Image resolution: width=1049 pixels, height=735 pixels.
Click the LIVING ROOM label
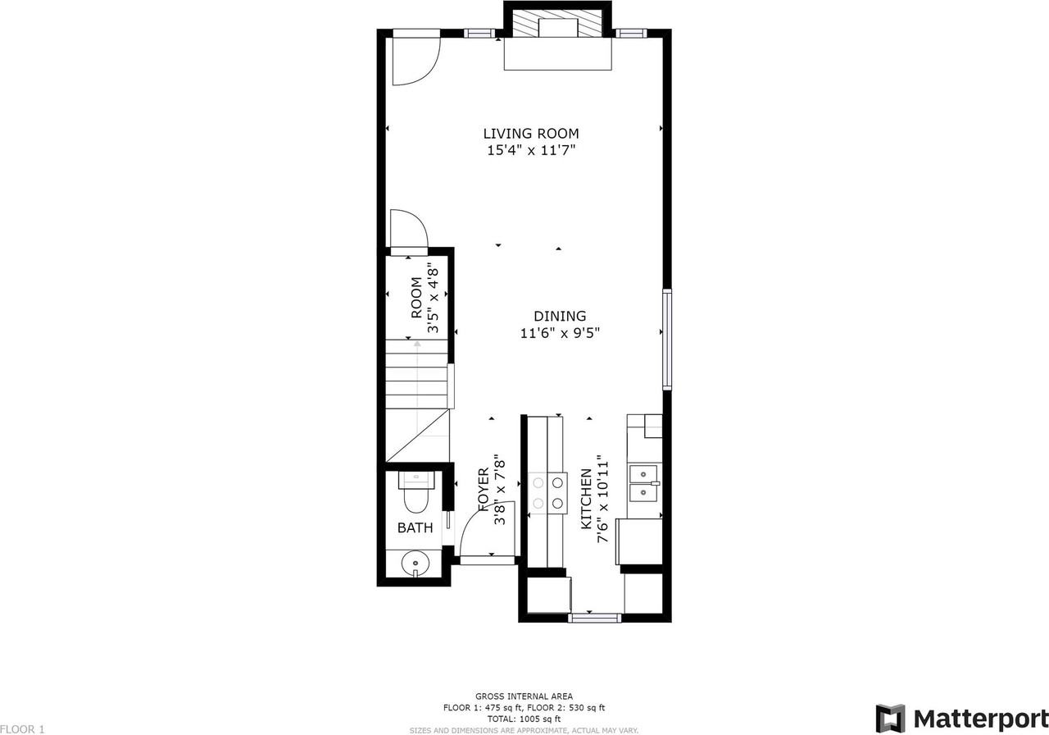tap(531, 134)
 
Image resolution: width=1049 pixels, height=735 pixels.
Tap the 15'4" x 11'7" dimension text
tap(531, 150)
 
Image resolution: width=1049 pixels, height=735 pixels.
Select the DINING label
tap(560, 316)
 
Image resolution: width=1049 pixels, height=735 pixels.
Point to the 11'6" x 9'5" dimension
tap(560, 333)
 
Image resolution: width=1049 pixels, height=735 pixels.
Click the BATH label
tap(415, 527)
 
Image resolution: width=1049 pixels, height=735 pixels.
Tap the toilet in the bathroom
tap(416, 491)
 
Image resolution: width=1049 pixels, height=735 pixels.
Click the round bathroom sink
tap(416, 563)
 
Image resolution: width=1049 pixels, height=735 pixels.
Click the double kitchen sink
tap(644, 483)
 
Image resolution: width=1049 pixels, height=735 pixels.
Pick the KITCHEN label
tap(586, 499)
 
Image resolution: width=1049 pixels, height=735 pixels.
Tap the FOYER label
tap(484, 490)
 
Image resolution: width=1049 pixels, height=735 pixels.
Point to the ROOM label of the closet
tap(416, 298)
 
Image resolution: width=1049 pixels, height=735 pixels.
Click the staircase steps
tap(416, 374)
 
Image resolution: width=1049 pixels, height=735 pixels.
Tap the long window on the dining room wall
tap(667, 340)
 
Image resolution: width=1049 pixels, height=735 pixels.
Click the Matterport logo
tap(961, 718)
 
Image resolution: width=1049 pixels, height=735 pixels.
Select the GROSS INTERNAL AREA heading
tap(524, 696)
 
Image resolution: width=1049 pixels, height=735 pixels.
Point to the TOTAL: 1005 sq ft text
tap(524, 719)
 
